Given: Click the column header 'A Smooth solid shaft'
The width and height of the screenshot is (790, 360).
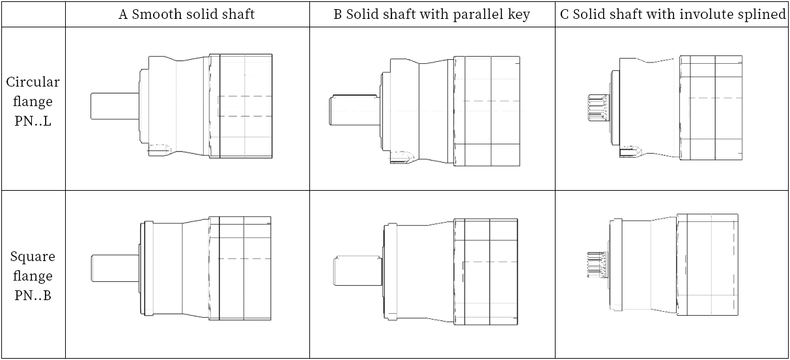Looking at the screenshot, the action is pos(186,14).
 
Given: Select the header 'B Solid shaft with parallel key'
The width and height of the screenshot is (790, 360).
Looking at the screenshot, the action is pos(432,14).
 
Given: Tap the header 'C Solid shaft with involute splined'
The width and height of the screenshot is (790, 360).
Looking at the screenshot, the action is pos(673,14).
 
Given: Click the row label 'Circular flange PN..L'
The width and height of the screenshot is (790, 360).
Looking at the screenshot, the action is pos(33,102).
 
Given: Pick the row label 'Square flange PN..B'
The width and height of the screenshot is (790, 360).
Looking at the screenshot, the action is pos(33,276).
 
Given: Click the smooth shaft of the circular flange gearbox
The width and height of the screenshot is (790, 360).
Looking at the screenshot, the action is pos(115,106).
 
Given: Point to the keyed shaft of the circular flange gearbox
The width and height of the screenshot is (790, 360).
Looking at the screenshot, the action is pos(354,110).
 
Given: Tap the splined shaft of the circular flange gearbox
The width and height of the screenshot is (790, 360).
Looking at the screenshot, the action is pos(599,107).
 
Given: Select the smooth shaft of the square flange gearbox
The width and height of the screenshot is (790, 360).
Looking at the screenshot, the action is pos(115,268).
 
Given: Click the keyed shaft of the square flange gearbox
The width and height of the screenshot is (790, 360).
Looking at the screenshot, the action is pos(358,271).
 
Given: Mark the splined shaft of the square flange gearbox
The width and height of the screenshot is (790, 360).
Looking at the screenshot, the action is pos(597,264).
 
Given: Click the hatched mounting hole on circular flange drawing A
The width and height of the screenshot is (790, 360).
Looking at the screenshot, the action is pos(160,150).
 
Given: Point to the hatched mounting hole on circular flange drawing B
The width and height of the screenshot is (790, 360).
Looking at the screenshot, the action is pos(401,158).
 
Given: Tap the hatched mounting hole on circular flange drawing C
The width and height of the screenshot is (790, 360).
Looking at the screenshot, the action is pos(630,152).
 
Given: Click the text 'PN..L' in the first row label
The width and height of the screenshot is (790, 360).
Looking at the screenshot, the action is pos(33,121).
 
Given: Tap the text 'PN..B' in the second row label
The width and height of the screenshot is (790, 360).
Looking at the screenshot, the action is pos(33,296).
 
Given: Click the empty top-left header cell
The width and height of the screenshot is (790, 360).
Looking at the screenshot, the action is pos(33,14).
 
